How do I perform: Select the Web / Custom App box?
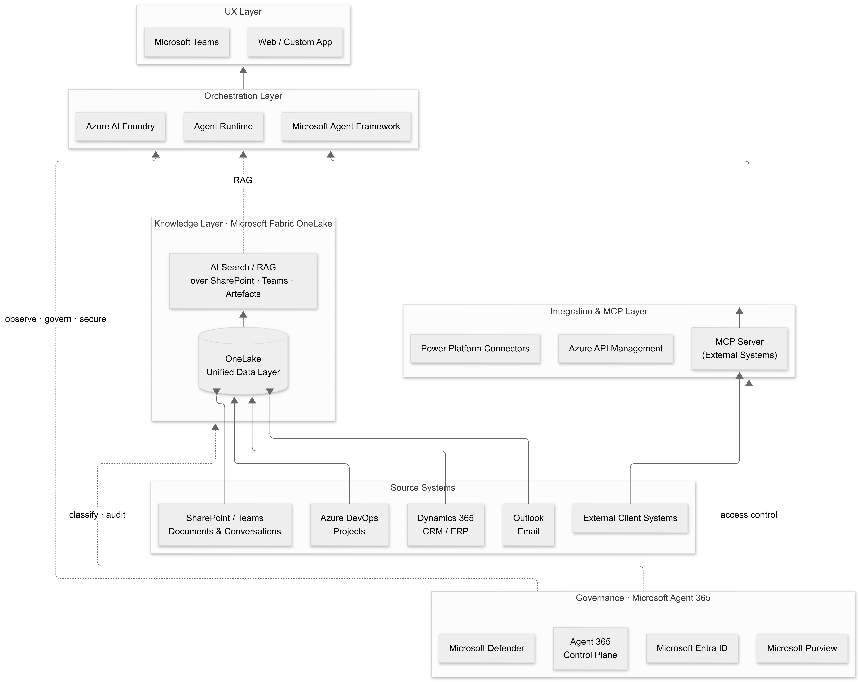pyautogui.click(x=295, y=42)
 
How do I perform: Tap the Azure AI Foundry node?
pyautogui.click(x=120, y=126)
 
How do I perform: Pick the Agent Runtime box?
pyautogui.click(x=223, y=126)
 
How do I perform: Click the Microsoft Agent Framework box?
pyautogui.click(x=346, y=126)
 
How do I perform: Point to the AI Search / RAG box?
pyautogui.click(x=243, y=281)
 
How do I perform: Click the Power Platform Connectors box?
pyautogui.click(x=475, y=348)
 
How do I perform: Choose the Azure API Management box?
pyautogui.click(x=616, y=348)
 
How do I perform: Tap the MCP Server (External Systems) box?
pyautogui.click(x=740, y=348)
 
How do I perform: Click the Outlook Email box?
pyautogui.click(x=529, y=525)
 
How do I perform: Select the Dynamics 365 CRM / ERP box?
pyautogui.click(x=446, y=525)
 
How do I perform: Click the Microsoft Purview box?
pyautogui.click(x=802, y=648)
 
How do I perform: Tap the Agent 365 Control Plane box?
pyautogui.click(x=590, y=648)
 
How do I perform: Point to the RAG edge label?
pyautogui.click(x=243, y=180)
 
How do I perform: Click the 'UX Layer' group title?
pyautogui.click(x=243, y=12)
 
